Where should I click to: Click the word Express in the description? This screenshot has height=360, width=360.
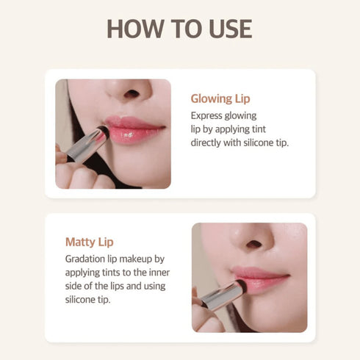click(x=209, y=115)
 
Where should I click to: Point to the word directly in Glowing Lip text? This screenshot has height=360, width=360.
click(x=209, y=142)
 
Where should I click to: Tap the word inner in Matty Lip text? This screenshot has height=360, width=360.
click(x=158, y=272)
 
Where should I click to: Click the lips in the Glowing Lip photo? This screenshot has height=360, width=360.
click(x=134, y=130)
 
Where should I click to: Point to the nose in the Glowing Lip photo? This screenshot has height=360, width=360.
click(x=130, y=93)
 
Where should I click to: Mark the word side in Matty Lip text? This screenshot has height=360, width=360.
click(x=75, y=285)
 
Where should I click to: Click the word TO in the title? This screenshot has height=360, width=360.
click(x=181, y=29)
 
